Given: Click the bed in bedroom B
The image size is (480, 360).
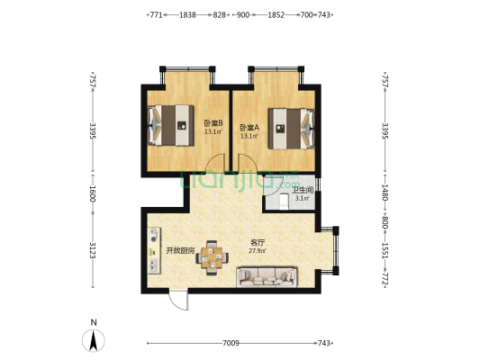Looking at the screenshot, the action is coord(171,125).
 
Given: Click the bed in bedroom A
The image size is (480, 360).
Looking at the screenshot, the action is coord(292,129).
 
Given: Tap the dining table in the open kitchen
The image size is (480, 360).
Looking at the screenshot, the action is coord(212,258).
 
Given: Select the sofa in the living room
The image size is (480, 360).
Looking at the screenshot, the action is coord(267,277).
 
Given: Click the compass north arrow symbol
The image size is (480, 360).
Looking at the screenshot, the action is coord(94,340).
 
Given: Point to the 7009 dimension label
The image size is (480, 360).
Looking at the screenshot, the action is coord(231,343).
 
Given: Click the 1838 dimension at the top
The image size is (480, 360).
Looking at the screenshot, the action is coord(187,14).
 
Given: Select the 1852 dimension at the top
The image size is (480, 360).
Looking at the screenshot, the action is coord(276,14).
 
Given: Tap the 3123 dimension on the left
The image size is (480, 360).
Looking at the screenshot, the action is coord(93,250).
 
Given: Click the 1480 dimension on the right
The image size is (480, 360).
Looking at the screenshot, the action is coord(385,193).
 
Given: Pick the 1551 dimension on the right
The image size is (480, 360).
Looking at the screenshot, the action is coord(385,250).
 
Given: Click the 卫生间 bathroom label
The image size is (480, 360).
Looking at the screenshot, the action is coord(303,190).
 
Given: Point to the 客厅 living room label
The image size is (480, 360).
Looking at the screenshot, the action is coord(258,243).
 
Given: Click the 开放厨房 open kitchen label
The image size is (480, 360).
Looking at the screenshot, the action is coord(180,251).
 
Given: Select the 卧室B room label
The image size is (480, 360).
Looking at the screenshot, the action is coord(213,123).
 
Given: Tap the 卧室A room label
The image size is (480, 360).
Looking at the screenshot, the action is coord(249,128).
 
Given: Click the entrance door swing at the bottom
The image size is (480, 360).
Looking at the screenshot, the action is coord(178,301).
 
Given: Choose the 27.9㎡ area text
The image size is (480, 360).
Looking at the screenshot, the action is coord(258,251).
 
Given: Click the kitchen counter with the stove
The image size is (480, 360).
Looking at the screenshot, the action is coord(154,250).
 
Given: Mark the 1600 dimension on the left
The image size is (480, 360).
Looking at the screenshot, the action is coord(93,193).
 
